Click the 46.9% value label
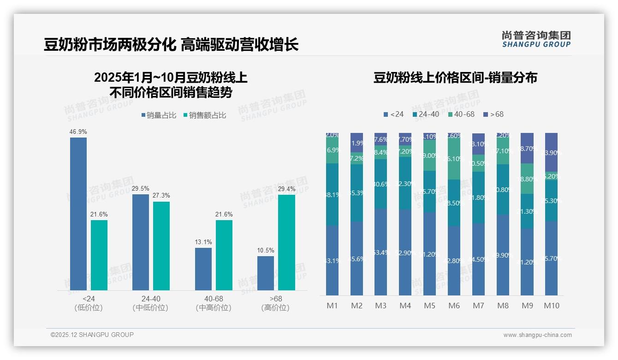pyautogui.click(x=78, y=132)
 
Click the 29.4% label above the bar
pyautogui.click(x=286, y=189)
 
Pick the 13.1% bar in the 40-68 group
pyautogui.click(x=203, y=269)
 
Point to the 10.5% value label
pyautogui.click(x=266, y=251)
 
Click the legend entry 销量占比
pyautogui.click(x=158, y=115)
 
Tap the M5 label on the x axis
pyautogui.click(x=429, y=306)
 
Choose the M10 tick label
pyautogui.click(x=551, y=306)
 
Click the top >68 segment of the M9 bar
pyautogui.click(x=527, y=148)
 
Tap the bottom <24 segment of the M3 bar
pyautogui.click(x=380, y=252)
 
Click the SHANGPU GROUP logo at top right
pyautogui.click(x=536, y=39)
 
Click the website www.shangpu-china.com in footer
pyautogui.click(x=537, y=335)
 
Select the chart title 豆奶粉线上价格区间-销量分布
pyautogui.click(x=455, y=78)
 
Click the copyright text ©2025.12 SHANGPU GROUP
pyautogui.click(x=92, y=335)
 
